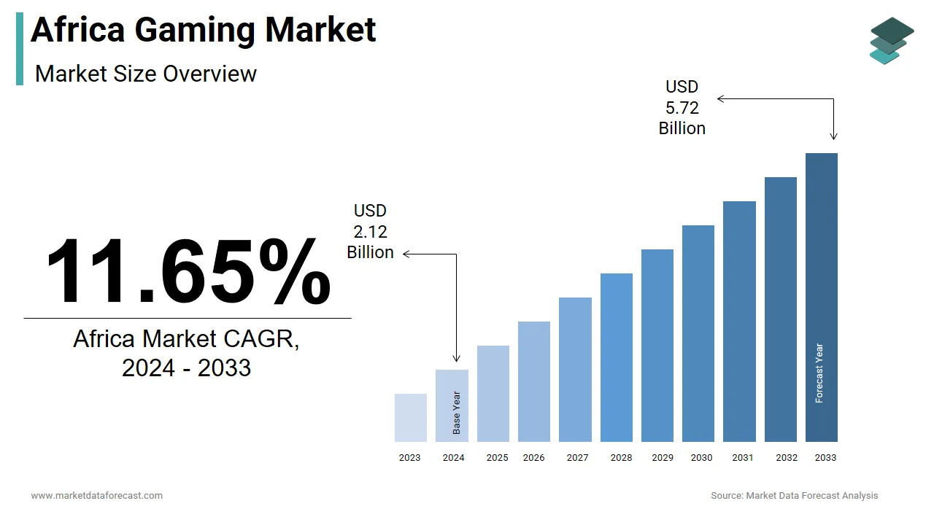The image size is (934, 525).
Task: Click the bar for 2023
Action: coord(410,418)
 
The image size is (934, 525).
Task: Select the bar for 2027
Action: coord(575,370)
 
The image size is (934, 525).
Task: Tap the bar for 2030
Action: coord(698,333)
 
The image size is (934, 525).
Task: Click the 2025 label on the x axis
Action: coord(497,458)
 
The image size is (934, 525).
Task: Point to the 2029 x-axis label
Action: coord(663,458)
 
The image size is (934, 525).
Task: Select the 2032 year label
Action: coord(787,458)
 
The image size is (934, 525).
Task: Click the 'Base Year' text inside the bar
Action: coord(457,413)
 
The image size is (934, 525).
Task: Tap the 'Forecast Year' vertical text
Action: coord(819,373)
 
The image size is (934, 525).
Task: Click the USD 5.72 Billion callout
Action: coord(682,108)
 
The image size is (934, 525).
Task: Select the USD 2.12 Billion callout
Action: coord(370,232)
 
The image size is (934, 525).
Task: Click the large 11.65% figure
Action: coord(188,271)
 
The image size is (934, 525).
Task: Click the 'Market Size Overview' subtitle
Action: coord(146,74)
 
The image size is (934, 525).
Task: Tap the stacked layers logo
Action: coord(891,41)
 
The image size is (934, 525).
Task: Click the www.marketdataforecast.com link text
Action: coord(97,496)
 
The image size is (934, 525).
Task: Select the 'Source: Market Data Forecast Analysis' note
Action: coord(794,496)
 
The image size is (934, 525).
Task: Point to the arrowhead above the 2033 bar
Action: coord(834,136)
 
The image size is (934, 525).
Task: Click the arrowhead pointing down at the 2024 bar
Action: coord(457,358)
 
